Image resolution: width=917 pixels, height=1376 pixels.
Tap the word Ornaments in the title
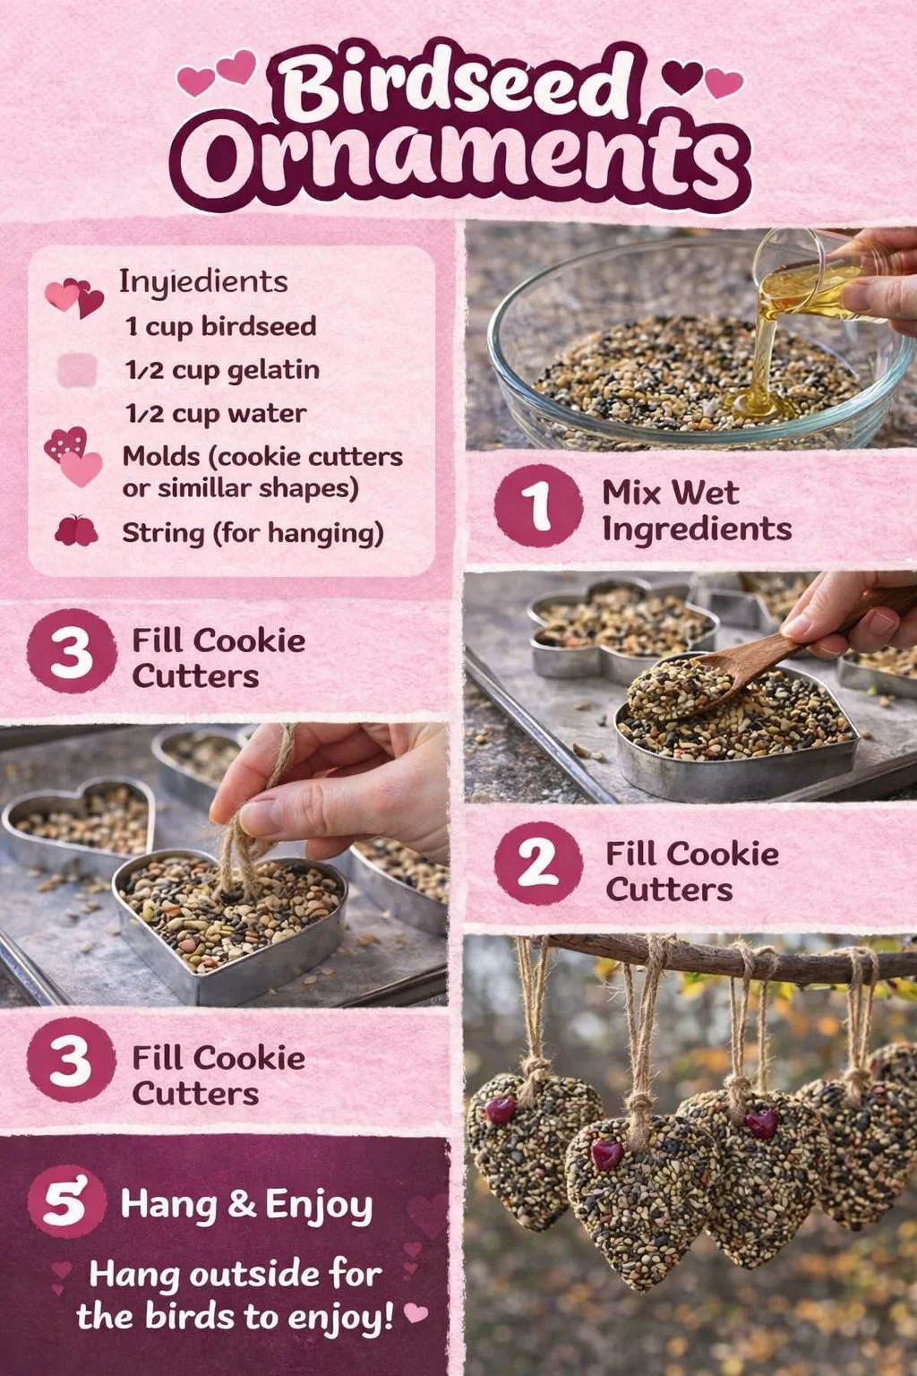[x=460, y=161]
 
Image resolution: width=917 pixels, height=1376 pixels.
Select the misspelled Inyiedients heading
[x=203, y=282]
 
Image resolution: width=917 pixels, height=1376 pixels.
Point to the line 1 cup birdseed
[x=220, y=326]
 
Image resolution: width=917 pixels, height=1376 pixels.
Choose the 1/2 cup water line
[x=216, y=414]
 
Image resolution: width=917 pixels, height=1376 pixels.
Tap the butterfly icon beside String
[x=76, y=530]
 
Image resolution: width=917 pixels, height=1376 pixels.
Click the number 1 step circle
[x=539, y=505]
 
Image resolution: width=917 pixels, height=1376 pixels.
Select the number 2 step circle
[x=539, y=864]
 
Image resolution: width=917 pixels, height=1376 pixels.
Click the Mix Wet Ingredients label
[x=697, y=511]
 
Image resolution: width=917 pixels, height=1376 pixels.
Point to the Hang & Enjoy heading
[x=246, y=1205]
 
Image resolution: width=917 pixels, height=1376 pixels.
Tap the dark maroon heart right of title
[x=681, y=77]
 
